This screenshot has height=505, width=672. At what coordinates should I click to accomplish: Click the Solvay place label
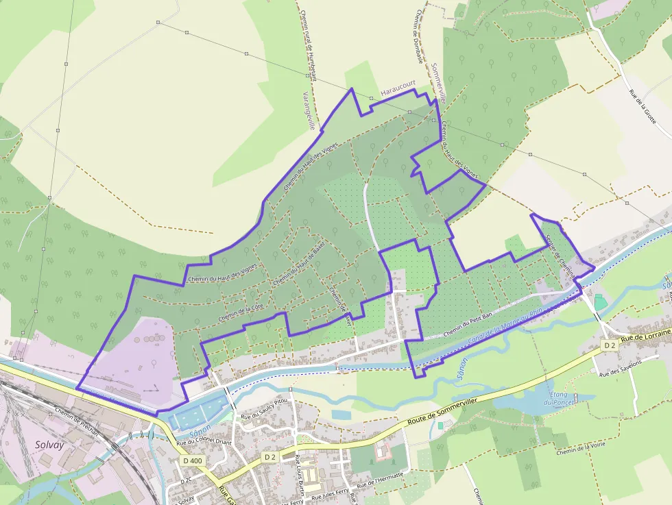(x=49, y=445)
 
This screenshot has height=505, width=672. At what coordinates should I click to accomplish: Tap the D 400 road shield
(x=193, y=461)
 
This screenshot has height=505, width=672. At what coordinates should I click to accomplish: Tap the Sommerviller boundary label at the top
(x=439, y=83)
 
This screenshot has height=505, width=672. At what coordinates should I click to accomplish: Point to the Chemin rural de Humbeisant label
(x=308, y=45)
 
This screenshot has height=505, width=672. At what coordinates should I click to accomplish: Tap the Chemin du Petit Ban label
(x=470, y=324)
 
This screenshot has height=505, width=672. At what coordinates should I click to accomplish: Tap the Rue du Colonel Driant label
(x=204, y=441)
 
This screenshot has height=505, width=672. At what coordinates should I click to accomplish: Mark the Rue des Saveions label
(x=621, y=369)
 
